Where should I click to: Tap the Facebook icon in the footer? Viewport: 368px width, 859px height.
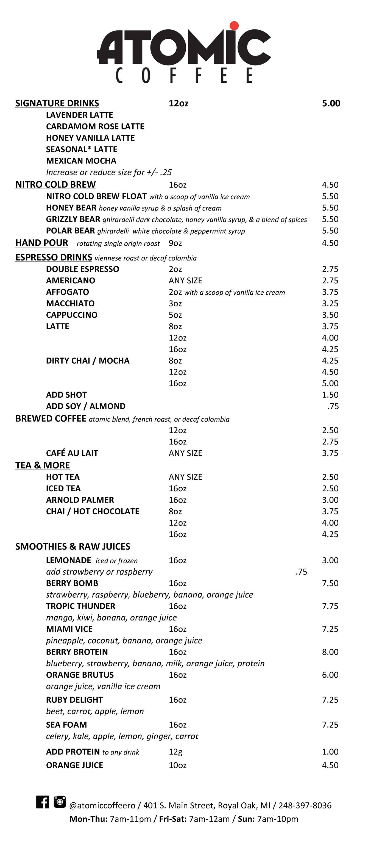point(43,802)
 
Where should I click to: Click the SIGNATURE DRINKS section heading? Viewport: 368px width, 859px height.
point(57,103)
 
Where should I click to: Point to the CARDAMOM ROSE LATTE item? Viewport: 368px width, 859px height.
point(95,126)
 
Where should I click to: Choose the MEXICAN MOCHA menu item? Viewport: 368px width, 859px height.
point(81,161)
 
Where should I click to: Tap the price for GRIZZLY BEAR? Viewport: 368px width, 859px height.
point(330,219)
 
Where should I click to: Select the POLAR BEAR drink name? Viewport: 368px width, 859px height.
point(70,231)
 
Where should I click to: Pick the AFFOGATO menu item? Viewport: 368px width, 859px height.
point(67,292)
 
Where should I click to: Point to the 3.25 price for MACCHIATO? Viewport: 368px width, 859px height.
point(330,303)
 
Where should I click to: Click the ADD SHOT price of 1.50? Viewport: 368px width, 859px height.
point(330,395)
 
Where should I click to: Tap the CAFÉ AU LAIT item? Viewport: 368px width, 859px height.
point(72,453)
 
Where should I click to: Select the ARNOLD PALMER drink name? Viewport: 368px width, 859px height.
point(80,500)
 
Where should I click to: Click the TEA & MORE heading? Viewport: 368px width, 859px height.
point(42,465)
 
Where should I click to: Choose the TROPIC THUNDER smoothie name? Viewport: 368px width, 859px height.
point(80,606)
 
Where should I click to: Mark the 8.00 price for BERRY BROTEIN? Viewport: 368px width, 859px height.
point(330,652)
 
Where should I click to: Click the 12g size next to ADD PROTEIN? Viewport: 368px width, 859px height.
point(175,752)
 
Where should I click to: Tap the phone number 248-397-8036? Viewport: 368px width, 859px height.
point(305,806)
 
